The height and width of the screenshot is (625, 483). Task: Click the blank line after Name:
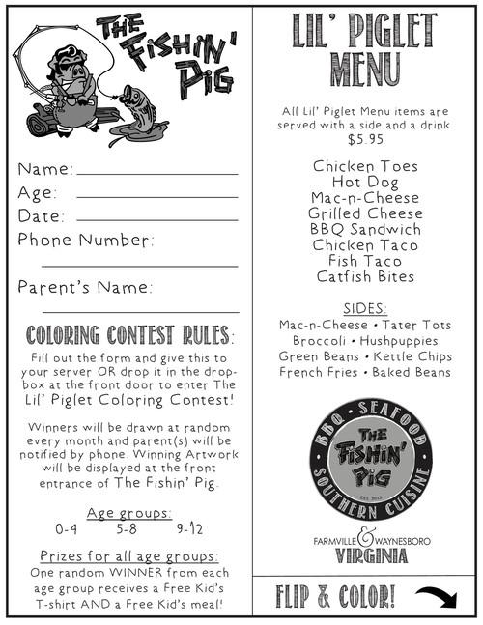click(156, 174)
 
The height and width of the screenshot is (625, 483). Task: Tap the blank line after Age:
click(156, 197)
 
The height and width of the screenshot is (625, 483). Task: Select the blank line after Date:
click(156, 220)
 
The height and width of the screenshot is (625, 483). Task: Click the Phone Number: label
click(85, 240)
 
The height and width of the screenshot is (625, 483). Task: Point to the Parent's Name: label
click(85, 287)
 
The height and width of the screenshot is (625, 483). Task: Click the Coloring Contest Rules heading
click(129, 336)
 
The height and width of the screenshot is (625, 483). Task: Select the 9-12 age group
click(189, 529)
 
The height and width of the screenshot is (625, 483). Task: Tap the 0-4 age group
click(67, 529)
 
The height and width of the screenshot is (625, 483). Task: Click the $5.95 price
click(365, 140)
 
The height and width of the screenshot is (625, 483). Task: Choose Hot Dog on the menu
click(365, 182)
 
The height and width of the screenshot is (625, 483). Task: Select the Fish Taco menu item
click(365, 261)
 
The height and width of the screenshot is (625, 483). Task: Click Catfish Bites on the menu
click(365, 277)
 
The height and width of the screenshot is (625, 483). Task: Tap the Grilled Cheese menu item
click(365, 213)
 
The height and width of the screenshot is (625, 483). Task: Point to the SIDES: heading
click(365, 309)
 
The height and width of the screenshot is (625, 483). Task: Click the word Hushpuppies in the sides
click(401, 341)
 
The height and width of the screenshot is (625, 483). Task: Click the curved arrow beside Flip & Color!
click(436, 597)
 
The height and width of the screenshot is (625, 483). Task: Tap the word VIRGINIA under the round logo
click(365, 555)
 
